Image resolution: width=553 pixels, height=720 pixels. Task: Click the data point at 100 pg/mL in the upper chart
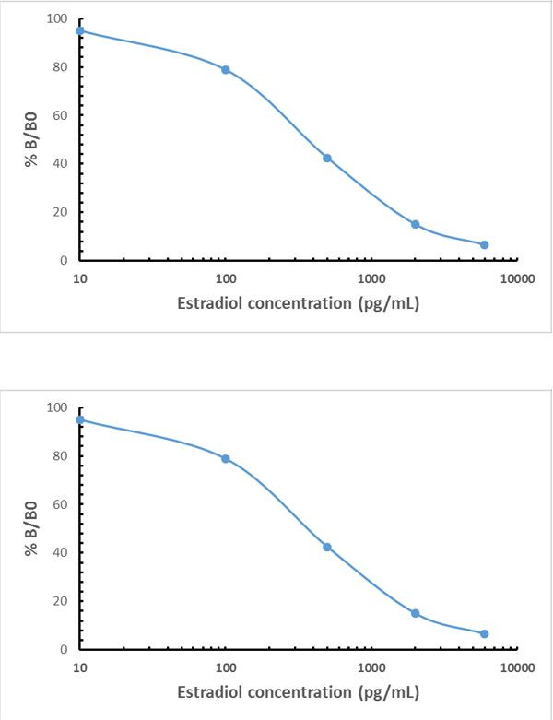[225, 70]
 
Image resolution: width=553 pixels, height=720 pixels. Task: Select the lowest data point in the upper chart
[485, 244]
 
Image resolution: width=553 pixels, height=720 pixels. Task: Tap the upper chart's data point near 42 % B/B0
[327, 158]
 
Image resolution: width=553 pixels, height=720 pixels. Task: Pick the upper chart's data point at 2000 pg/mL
[416, 224]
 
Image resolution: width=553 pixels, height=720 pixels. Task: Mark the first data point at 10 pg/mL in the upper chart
[80, 30]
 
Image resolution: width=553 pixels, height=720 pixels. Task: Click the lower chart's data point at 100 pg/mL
[225, 459]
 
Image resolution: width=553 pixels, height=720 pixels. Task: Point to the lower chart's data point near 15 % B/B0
[416, 613]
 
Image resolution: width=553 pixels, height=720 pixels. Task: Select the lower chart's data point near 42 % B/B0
[327, 547]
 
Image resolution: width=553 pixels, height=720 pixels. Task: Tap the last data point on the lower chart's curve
[485, 633]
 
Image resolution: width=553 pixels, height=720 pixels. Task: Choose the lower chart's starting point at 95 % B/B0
[80, 419]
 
